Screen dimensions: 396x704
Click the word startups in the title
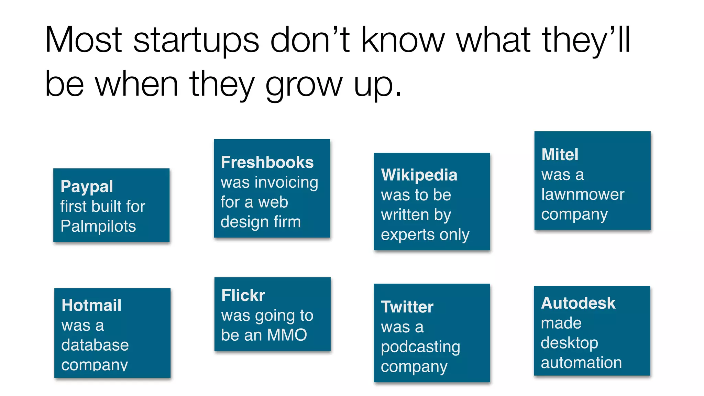[196, 41]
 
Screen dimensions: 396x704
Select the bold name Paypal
[87, 187]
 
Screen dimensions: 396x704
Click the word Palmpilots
[98, 226]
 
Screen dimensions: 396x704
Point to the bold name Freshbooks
[267, 162]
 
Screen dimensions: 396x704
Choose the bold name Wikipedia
[419, 175]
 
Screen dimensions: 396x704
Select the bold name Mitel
[560, 155]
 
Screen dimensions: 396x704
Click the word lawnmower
[583, 195]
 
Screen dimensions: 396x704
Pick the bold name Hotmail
[91, 305]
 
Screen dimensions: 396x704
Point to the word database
[95, 345]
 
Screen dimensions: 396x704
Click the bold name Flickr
[243, 295]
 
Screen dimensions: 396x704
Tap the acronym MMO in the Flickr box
[287, 335]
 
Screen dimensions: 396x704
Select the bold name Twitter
[407, 307]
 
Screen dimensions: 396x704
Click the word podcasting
[420, 347]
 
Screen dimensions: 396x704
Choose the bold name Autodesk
[578, 303]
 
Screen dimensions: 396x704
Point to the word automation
[581, 363]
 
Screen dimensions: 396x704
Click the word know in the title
[403, 41]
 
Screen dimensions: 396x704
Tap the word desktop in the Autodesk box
[569, 343]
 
